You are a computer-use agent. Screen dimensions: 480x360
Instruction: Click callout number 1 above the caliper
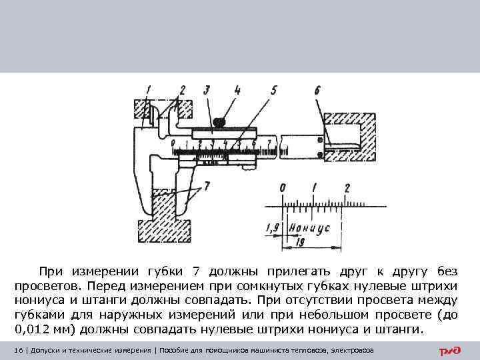pyautogui.click(x=149, y=89)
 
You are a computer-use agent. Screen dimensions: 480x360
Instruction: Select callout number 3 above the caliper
pyautogui.click(x=207, y=89)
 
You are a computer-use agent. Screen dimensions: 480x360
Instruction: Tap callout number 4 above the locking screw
pyautogui.click(x=237, y=89)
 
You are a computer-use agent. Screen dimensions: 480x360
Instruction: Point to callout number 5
pyautogui.click(x=274, y=89)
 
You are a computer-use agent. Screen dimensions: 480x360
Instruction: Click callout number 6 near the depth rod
pyautogui.click(x=318, y=89)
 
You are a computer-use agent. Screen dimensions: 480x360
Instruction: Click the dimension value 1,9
pyautogui.click(x=273, y=229)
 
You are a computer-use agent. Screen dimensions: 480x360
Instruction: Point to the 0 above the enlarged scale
pyautogui.click(x=283, y=189)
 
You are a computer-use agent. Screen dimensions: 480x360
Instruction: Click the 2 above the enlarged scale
pyautogui.click(x=346, y=189)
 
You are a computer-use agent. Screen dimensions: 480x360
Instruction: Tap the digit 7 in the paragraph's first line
pyautogui.click(x=195, y=271)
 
